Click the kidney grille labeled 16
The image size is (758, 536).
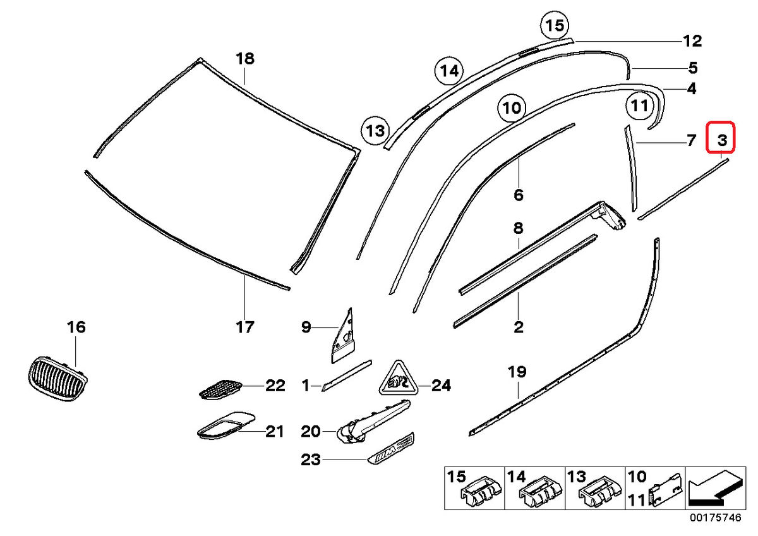(57, 379)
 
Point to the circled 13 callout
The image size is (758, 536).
(376, 131)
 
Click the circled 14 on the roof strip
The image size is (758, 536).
(448, 71)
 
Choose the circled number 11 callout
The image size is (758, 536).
(640, 106)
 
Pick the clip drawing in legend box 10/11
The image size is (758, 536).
(665, 489)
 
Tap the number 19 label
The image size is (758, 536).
(517, 372)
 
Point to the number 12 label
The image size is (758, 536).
(692, 42)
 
